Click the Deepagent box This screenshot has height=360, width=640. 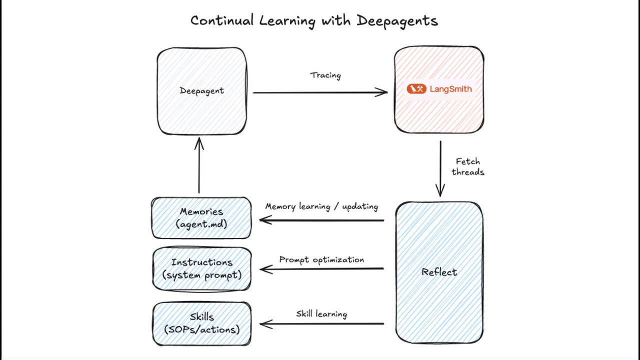(x=201, y=91)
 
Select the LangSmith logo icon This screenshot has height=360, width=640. (x=416, y=89)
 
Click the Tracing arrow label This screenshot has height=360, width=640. (x=325, y=75)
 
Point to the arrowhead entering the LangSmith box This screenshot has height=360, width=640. (x=382, y=92)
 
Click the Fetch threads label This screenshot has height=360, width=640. (x=468, y=166)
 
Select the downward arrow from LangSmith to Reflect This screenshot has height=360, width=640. (x=440, y=167)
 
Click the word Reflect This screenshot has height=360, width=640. (x=439, y=272)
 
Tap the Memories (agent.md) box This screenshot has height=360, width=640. (x=201, y=218)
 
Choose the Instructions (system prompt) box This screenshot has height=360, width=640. (x=201, y=268)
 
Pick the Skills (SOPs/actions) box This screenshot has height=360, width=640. (x=201, y=323)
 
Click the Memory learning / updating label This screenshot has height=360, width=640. (x=321, y=206)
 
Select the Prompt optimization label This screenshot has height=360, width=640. (x=321, y=260)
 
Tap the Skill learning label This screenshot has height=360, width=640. (x=321, y=314)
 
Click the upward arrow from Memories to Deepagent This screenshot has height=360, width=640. (x=199, y=165)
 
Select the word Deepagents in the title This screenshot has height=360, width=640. (x=397, y=21)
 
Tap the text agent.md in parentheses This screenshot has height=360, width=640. (x=202, y=224)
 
